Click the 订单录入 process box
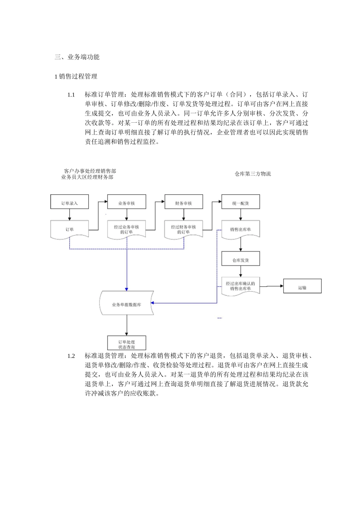(x=69, y=202)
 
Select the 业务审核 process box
(x=126, y=202)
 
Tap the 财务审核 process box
(x=183, y=202)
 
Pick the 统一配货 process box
(x=240, y=202)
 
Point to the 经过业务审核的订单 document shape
(x=126, y=230)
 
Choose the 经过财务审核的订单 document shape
(x=183, y=230)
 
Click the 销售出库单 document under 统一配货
(x=240, y=230)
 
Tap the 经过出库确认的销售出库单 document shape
(x=240, y=286)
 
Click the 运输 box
(x=302, y=286)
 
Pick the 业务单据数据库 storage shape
(x=127, y=303)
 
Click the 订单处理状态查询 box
(x=127, y=343)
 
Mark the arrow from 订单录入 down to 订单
(x=69, y=215)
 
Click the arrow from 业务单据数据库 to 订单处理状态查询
(x=127, y=325)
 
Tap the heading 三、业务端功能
(x=77, y=57)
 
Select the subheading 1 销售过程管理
(x=76, y=77)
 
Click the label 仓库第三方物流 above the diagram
(x=253, y=174)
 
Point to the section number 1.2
(x=71, y=356)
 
